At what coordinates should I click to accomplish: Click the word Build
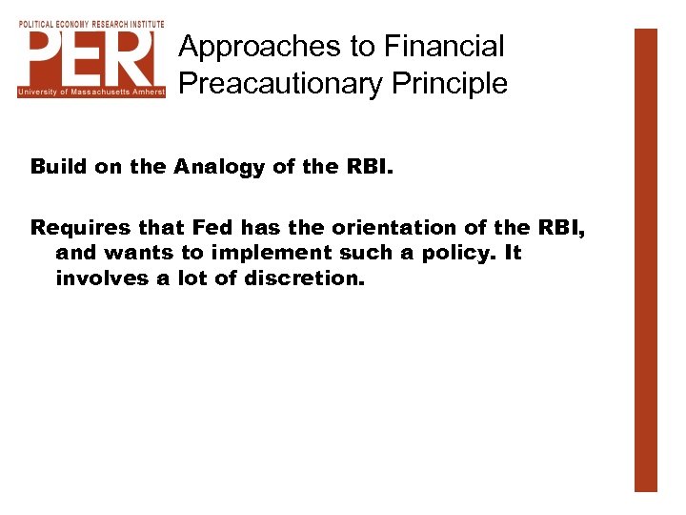(x=55, y=168)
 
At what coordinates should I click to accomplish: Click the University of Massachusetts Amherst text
(x=91, y=92)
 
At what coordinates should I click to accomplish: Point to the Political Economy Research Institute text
(x=91, y=23)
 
